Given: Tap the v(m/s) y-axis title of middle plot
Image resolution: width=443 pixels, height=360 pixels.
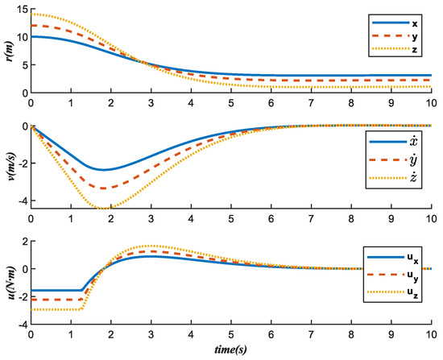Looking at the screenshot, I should point(8,167).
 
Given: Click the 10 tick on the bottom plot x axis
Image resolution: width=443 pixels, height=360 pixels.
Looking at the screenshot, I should point(436,332).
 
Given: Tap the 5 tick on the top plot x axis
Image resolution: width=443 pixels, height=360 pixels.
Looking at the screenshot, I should point(233,101).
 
